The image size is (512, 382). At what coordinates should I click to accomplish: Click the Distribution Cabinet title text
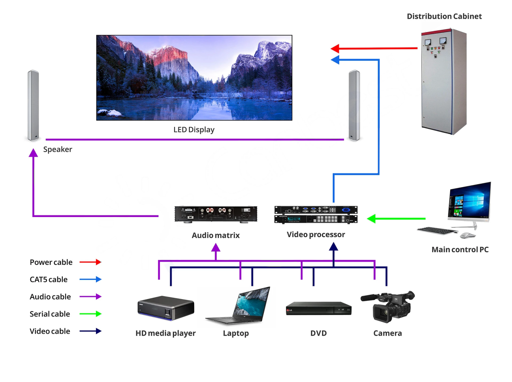click(444, 16)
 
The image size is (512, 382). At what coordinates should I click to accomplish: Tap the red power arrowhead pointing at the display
click(335, 48)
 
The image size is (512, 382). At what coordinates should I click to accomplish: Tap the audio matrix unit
click(216, 214)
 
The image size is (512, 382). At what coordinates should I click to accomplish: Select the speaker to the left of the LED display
click(34, 106)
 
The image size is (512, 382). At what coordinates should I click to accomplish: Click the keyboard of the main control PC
click(436, 231)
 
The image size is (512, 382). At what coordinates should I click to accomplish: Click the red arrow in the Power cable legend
click(92, 262)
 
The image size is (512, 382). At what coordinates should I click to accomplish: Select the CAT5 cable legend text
click(49, 279)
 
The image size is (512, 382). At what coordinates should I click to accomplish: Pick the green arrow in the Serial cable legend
click(92, 314)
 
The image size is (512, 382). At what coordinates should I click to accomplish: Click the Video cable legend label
click(50, 331)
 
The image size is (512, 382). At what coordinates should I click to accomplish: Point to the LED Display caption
click(194, 129)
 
